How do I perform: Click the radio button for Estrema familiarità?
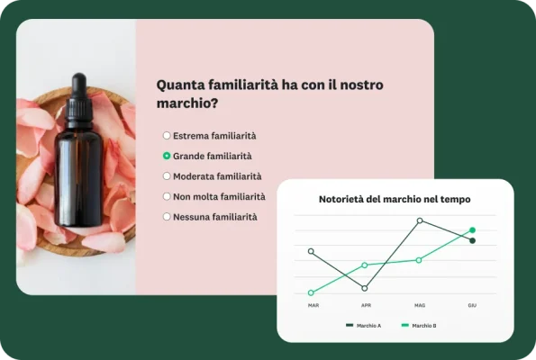click(x=167, y=136)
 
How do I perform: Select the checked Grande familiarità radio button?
click(x=167, y=156)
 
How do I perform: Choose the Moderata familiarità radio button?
click(x=167, y=176)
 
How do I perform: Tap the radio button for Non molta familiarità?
click(x=167, y=196)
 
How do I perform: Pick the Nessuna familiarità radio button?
click(x=167, y=217)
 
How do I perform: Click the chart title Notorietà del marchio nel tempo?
click(x=395, y=199)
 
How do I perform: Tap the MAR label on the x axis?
click(x=313, y=306)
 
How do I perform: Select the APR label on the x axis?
click(x=366, y=306)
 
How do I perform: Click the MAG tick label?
click(x=420, y=306)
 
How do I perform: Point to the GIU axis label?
click(x=472, y=306)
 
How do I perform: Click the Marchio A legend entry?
click(x=364, y=325)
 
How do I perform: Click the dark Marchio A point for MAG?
click(x=420, y=220)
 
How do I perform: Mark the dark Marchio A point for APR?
click(x=365, y=288)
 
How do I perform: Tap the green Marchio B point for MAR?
click(x=311, y=292)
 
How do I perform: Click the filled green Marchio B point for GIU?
click(x=472, y=230)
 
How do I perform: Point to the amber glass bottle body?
click(x=79, y=175)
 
